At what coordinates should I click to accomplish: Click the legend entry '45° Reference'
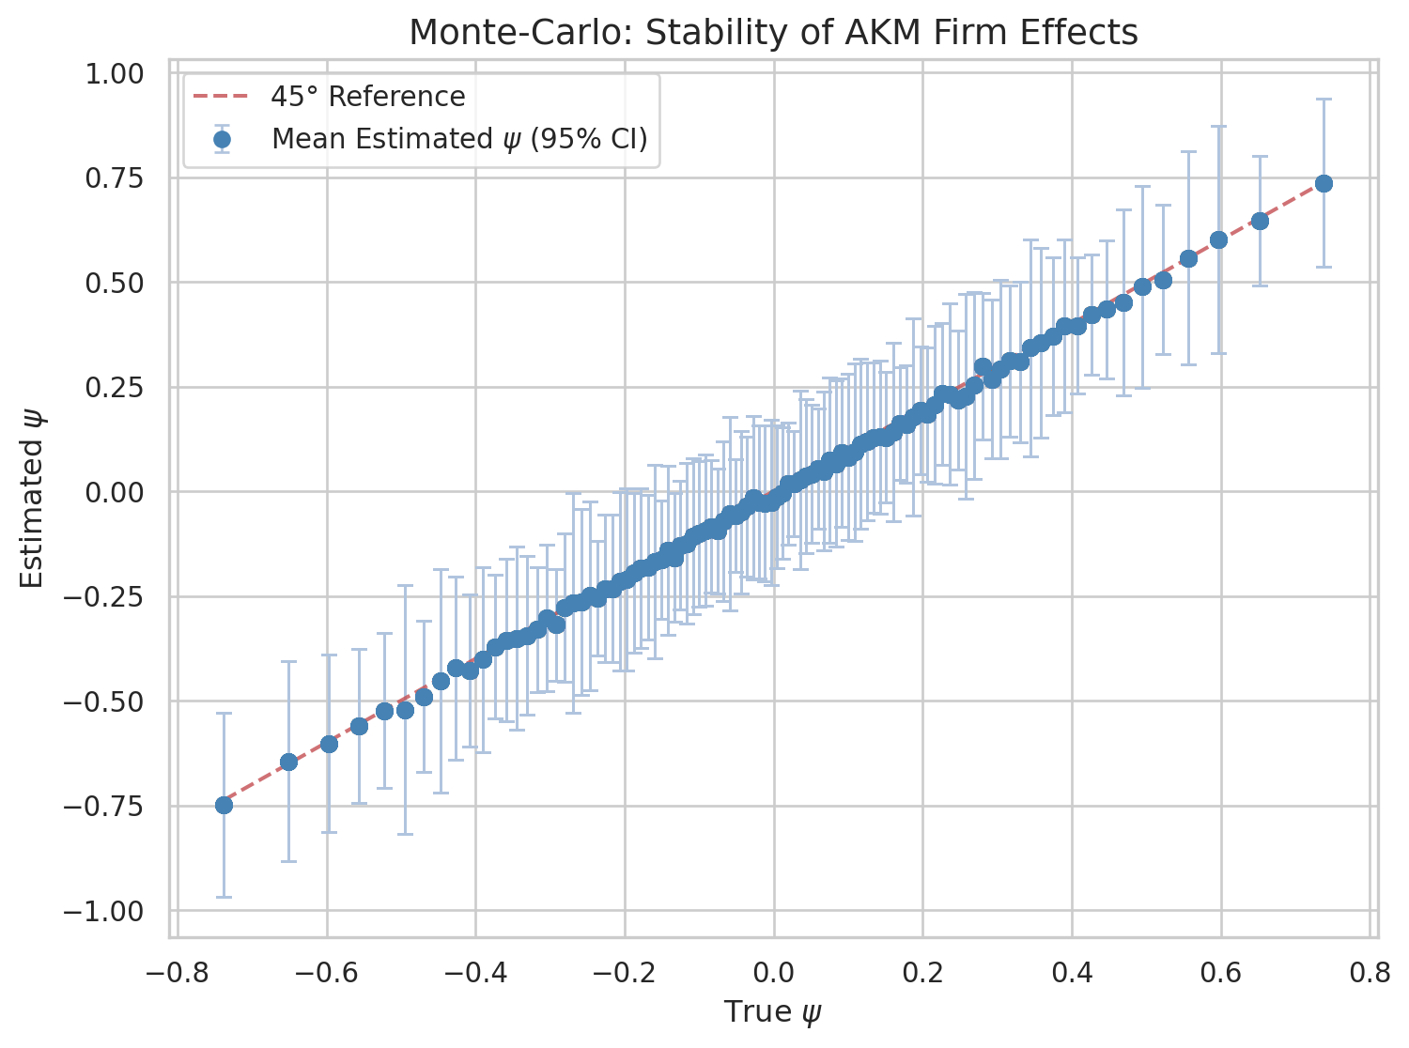click(x=367, y=97)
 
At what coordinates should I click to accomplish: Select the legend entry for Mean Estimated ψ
click(x=458, y=139)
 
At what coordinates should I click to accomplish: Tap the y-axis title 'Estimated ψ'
click(x=32, y=498)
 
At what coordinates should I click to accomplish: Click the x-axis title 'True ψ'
click(x=773, y=1012)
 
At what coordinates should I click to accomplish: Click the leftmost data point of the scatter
click(x=224, y=805)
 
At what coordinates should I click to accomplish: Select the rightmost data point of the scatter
click(x=1324, y=183)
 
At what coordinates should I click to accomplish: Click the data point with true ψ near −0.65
click(x=289, y=762)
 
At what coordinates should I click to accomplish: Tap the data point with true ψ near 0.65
click(x=1260, y=221)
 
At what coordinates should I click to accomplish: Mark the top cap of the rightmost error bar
click(x=1324, y=100)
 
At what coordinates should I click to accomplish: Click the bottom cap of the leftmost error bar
click(x=224, y=897)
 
